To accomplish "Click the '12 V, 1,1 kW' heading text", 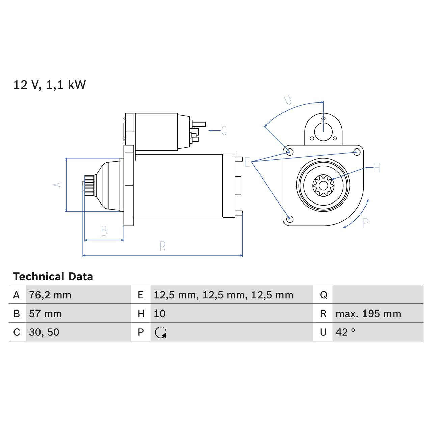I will (x=49, y=85).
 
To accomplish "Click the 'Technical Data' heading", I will (x=53, y=277).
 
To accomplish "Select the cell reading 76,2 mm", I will (x=50, y=295).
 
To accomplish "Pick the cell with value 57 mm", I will (x=45, y=314).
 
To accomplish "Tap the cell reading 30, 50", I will (x=44, y=332).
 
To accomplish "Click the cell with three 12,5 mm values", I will (x=223, y=295).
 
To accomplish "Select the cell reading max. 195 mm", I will (x=368, y=314).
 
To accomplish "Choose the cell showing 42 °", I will (x=345, y=332).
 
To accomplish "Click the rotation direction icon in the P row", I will (x=161, y=332).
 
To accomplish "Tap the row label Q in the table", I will (x=323, y=295).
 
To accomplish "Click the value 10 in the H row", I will (x=160, y=314).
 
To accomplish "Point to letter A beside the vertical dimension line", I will (x=58, y=185).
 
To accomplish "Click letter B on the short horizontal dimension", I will (x=104, y=231).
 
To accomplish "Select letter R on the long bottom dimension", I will (x=162, y=246).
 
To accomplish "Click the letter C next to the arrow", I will (x=224, y=131).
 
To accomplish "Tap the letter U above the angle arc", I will (x=288, y=100).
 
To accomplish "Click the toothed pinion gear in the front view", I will (x=323, y=185).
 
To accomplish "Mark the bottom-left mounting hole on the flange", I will (x=289, y=219).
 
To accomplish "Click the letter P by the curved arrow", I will (x=365, y=223).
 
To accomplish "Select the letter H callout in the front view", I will (x=377, y=168).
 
